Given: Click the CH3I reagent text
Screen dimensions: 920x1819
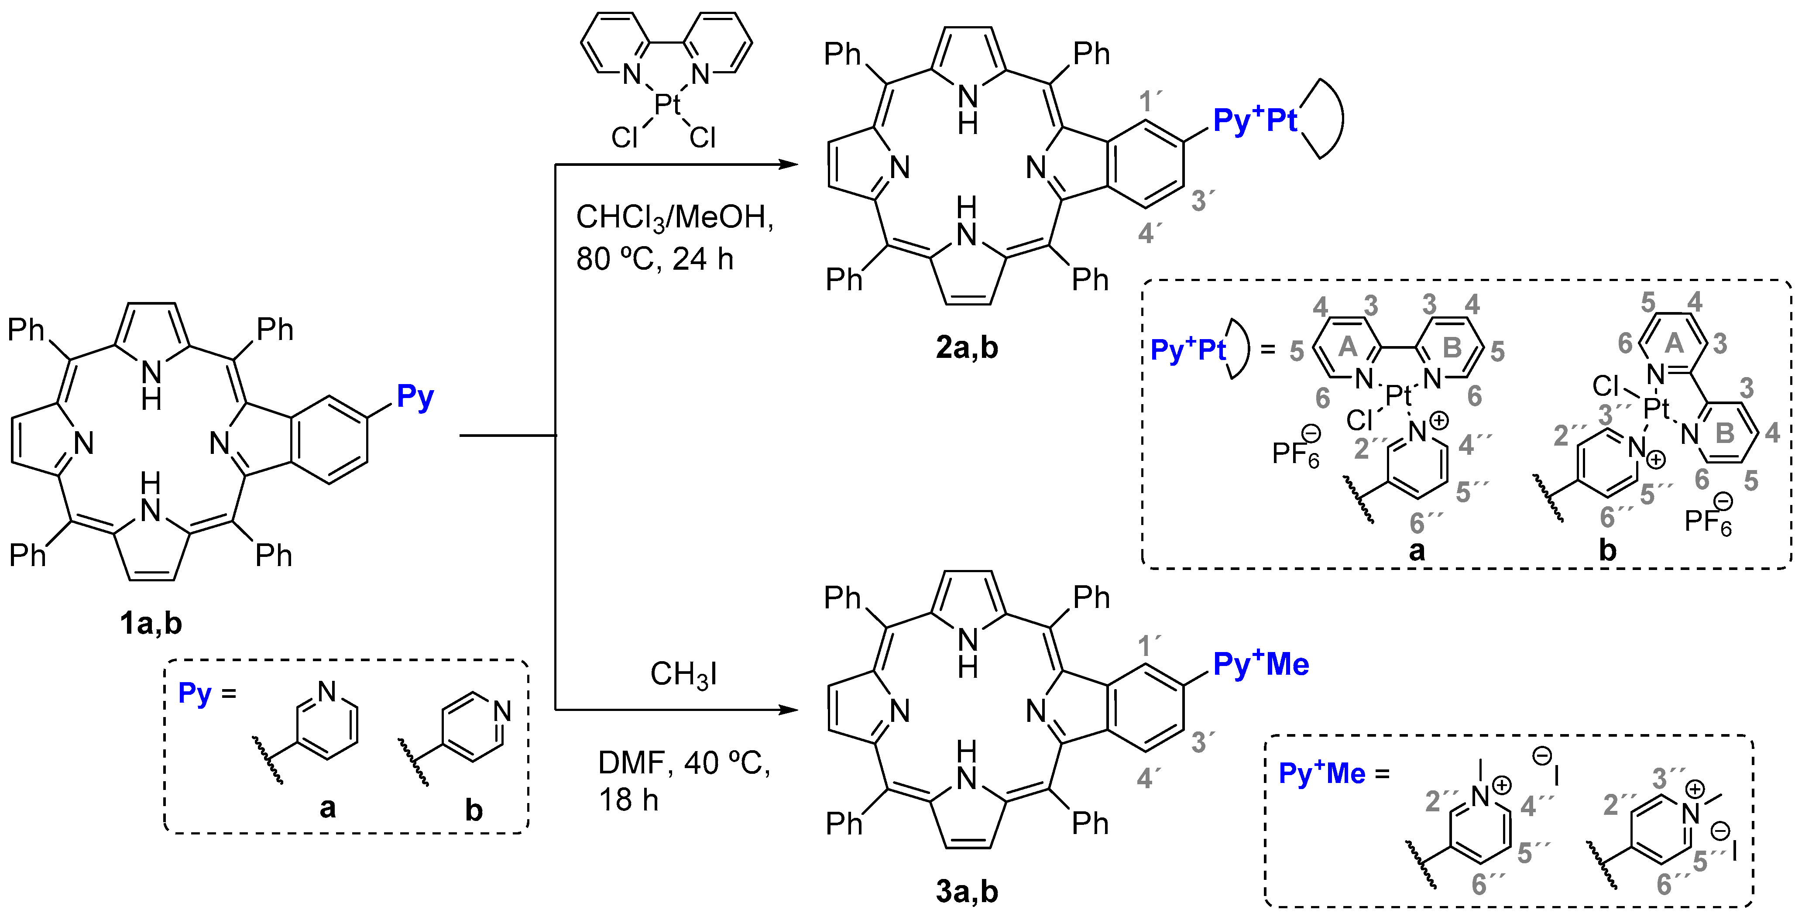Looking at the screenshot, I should [x=683, y=674].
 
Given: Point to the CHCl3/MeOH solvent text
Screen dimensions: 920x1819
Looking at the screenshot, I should [x=674, y=217].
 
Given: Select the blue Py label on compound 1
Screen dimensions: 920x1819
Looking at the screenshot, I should [x=415, y=397].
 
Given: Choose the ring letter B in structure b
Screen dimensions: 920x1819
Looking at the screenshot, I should [x=1724, y=433].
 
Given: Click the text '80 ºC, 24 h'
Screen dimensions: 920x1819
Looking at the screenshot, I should [x=655, y=259].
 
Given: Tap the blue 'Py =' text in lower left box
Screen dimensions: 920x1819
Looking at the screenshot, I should [x=206, y=693].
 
